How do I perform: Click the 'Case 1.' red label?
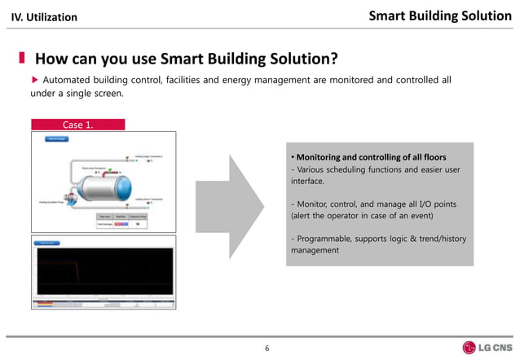(x=77, y=125)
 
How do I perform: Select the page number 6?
(x=267, y=349)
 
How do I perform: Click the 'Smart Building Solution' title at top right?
(x=439, y=15)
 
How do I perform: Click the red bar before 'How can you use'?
(x=22, y=59)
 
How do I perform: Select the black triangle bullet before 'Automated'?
(x=34, y=80)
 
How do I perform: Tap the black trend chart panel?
(x=104, y=273)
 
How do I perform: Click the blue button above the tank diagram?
(x=56, y=139)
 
